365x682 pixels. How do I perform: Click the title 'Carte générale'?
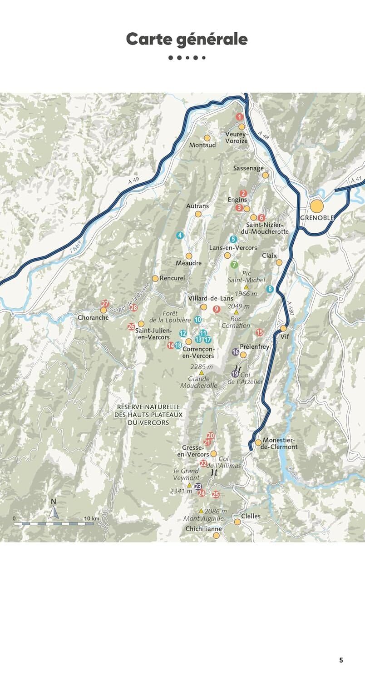[187, 39]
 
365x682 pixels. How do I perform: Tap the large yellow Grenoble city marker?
[317, 206]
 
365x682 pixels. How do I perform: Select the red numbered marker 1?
[240, 117]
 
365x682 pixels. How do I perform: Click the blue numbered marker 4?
[180, 235]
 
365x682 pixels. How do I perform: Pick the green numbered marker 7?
[234, 264]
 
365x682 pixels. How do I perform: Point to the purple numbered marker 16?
[235, 351]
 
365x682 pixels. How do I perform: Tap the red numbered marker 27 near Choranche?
[105, 304]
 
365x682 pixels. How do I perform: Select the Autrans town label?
[197, 206]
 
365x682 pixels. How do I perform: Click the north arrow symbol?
[54, 513]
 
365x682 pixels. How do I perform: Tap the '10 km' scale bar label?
[92, 518]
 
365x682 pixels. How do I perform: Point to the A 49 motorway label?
[133, 181]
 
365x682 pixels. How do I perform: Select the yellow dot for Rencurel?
[155, 278]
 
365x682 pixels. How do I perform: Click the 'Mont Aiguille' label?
[203, 518]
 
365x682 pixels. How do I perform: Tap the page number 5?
[341, 660]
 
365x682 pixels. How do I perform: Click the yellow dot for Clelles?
[237, 522]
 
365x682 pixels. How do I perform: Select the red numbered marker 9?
[217, 309]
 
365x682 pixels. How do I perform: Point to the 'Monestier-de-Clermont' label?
[280, 443]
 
